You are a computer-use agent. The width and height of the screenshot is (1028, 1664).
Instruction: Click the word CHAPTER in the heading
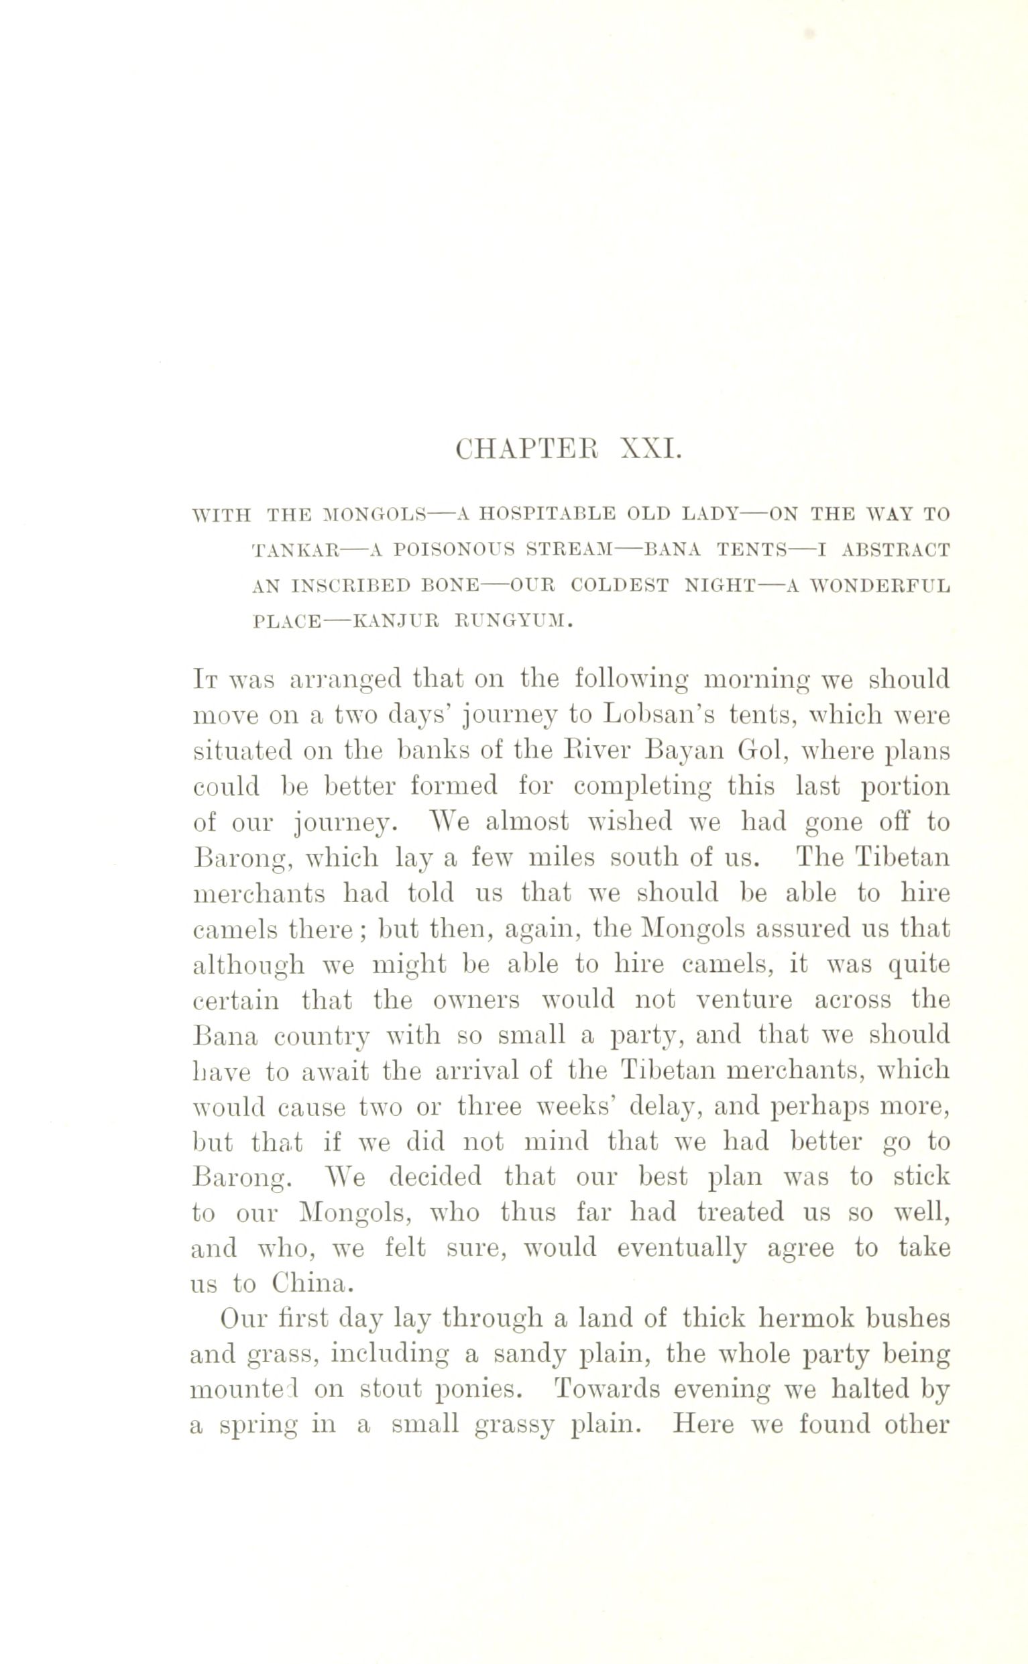527,450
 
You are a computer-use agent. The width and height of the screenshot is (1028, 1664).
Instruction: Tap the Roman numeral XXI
650,450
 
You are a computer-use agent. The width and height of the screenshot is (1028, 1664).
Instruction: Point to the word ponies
477,1389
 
